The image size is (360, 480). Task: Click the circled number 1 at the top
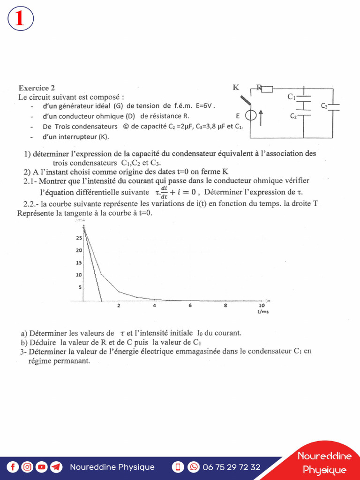(20, 19)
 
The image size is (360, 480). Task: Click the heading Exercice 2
(37, 88)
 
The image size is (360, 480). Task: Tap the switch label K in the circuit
(236, 87)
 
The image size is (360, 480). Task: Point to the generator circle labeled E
(251, 115)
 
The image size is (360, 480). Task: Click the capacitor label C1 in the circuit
(291, 97)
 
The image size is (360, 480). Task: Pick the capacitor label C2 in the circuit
(293, 116)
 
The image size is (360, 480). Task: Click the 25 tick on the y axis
(79, 238)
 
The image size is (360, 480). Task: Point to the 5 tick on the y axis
(80, 287)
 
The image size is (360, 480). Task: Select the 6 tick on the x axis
(190, 306)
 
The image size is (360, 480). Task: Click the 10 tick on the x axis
(262, 306)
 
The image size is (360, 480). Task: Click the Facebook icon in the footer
(13, 467)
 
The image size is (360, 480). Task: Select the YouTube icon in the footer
(42, 467)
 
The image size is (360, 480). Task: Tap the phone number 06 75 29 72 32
(231, 467)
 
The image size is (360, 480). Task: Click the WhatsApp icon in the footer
(193, 467)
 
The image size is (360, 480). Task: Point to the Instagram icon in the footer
(27, 467)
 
